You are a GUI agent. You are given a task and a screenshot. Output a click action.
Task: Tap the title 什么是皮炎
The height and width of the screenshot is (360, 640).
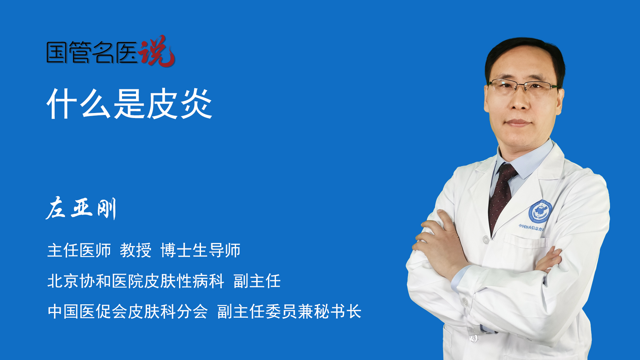130,104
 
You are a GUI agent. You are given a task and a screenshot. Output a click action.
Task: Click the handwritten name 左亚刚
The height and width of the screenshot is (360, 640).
81,208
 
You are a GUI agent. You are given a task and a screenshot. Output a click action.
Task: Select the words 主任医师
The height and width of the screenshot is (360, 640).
79,250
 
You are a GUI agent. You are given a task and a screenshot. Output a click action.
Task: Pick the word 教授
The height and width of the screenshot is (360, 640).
136,250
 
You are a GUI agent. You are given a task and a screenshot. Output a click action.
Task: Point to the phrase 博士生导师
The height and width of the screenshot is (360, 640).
200,250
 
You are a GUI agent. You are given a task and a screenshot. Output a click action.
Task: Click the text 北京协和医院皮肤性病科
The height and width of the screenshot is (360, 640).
136,281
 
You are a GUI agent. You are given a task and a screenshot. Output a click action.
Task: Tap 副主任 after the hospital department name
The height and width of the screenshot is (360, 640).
257,281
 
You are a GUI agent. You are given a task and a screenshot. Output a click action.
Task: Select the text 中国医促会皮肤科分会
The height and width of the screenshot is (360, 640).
128,312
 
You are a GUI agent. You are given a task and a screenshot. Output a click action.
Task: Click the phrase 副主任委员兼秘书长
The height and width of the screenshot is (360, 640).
289,312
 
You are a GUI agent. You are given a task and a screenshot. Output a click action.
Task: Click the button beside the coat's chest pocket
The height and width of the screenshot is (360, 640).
486,240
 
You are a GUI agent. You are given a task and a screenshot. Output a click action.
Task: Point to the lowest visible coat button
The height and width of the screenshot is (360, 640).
473,339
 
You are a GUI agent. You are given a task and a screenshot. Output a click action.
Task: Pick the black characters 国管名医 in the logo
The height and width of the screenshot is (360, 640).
92,52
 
